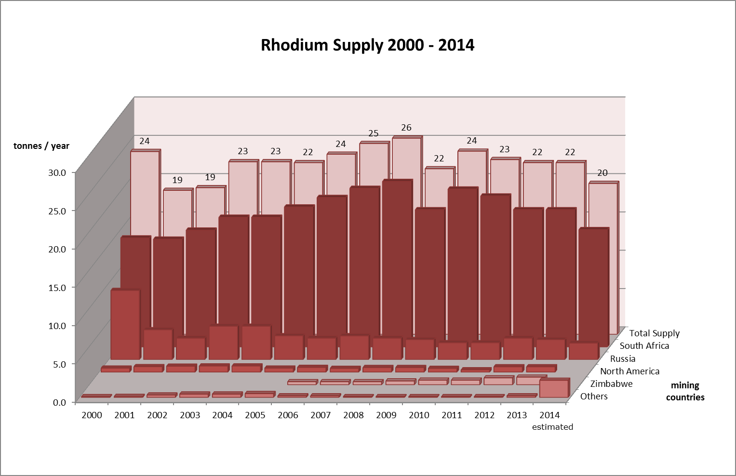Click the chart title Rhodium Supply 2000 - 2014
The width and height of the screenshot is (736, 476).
pos(367,45)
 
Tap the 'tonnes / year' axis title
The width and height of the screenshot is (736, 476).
pos(41,146)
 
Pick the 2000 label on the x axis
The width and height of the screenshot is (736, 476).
pos(92,415)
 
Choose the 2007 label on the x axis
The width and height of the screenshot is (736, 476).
pos(321,415)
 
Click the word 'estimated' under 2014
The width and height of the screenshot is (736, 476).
pos(552,427)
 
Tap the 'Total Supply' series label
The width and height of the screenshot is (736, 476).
pos(654,333)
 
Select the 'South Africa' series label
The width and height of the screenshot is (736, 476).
pos(644,345)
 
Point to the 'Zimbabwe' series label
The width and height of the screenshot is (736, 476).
pos(611,383)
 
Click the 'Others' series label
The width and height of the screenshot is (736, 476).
pos(594,396)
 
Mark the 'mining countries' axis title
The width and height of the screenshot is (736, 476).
pos(685,391)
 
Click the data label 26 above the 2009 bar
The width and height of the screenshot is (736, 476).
pos(406,128)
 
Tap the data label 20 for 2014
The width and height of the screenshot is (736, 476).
pos(602,173)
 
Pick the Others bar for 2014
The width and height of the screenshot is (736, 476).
pos(553,389)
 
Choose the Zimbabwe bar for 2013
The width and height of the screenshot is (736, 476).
pos(530,381)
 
